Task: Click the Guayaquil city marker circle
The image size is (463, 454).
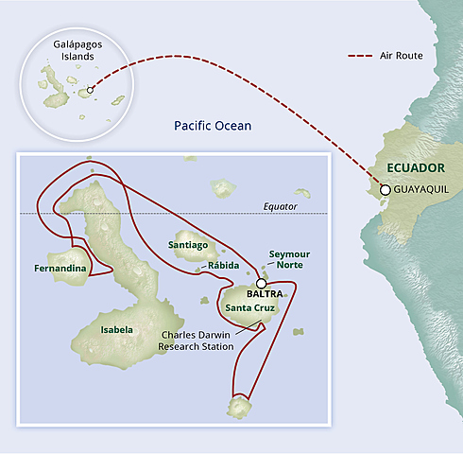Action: [x=385, y=190]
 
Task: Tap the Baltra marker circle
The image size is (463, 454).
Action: [x=261, y=282]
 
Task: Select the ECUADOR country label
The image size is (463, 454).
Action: [x=416, y=168]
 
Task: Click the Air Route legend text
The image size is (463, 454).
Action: [x=401, y=56]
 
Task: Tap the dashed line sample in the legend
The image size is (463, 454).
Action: [x=362, y=56]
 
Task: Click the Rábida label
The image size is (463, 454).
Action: [x=223, y=266]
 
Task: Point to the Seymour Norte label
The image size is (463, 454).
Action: [x=289, y=260]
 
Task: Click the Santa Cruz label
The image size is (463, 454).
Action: [x=251, y=307]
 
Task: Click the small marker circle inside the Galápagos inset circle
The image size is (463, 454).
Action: [x=90, y=92]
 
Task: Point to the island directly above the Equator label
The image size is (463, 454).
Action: [x=301, y=193]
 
